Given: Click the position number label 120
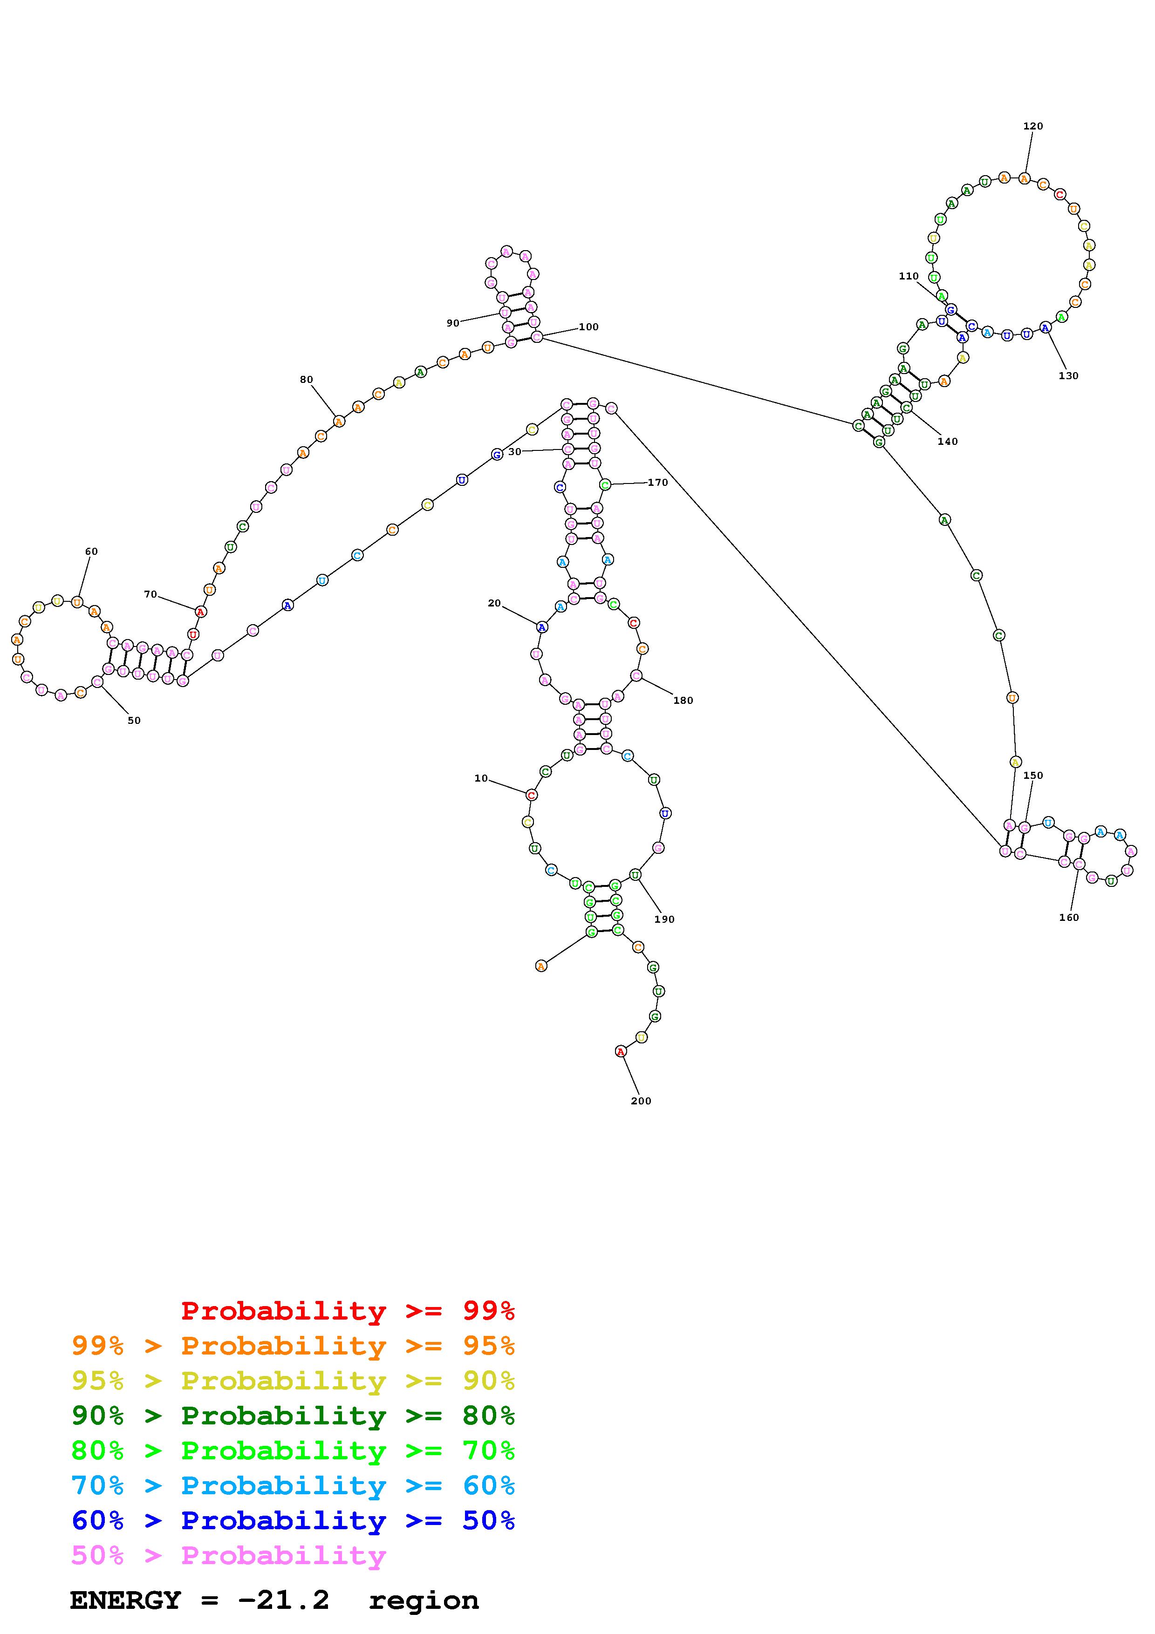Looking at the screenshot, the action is [x=1032, y=126].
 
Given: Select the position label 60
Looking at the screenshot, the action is [x=91, y=551].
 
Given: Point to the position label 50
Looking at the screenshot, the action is [x=134, y=720].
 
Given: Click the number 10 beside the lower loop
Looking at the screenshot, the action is [x=481, y=778].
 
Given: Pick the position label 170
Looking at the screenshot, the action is [x=657, y=483].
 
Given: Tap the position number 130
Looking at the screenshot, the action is [x=1068, y=376].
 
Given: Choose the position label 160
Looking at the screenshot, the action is [x=1068, y=917].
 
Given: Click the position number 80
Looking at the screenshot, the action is [x=306, y=379].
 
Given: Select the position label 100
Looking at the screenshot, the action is [x=588, y=327].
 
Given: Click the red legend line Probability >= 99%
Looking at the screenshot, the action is [x=348, y=1310].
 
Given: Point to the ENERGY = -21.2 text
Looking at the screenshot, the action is [x=200, y=1600].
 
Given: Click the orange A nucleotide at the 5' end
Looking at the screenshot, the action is [x=541, y=966].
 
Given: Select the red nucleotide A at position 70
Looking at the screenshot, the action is [x=201, y=611].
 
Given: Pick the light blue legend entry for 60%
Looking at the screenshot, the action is [x=293, y=1485].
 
